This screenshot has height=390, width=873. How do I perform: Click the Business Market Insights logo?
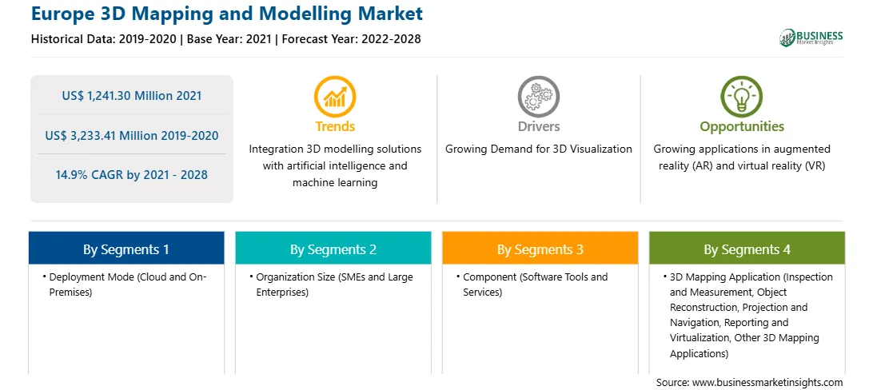(x=811, y=38)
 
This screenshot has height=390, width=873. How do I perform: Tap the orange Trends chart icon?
(x=335, y=96)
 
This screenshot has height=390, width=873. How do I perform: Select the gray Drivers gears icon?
(x=538, y=96)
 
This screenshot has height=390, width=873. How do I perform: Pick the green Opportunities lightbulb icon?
(x=742, y=96)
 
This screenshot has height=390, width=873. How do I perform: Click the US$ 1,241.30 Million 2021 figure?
(x=132, y=96)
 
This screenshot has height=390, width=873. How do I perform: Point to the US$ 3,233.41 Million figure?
(x=132, y=135)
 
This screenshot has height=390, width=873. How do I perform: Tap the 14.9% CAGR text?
(x=132, y=175)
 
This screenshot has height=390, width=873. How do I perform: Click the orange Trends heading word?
(x=335, y=126)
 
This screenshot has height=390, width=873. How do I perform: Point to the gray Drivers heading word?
(x=539, y=126)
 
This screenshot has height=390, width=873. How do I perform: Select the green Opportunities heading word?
(x=742, y=127)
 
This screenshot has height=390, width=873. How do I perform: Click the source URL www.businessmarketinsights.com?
(x=767, y=382)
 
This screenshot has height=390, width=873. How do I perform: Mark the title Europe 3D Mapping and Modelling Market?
(x=227, y=14)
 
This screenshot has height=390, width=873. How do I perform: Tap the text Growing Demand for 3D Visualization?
(x=538, y=149)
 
